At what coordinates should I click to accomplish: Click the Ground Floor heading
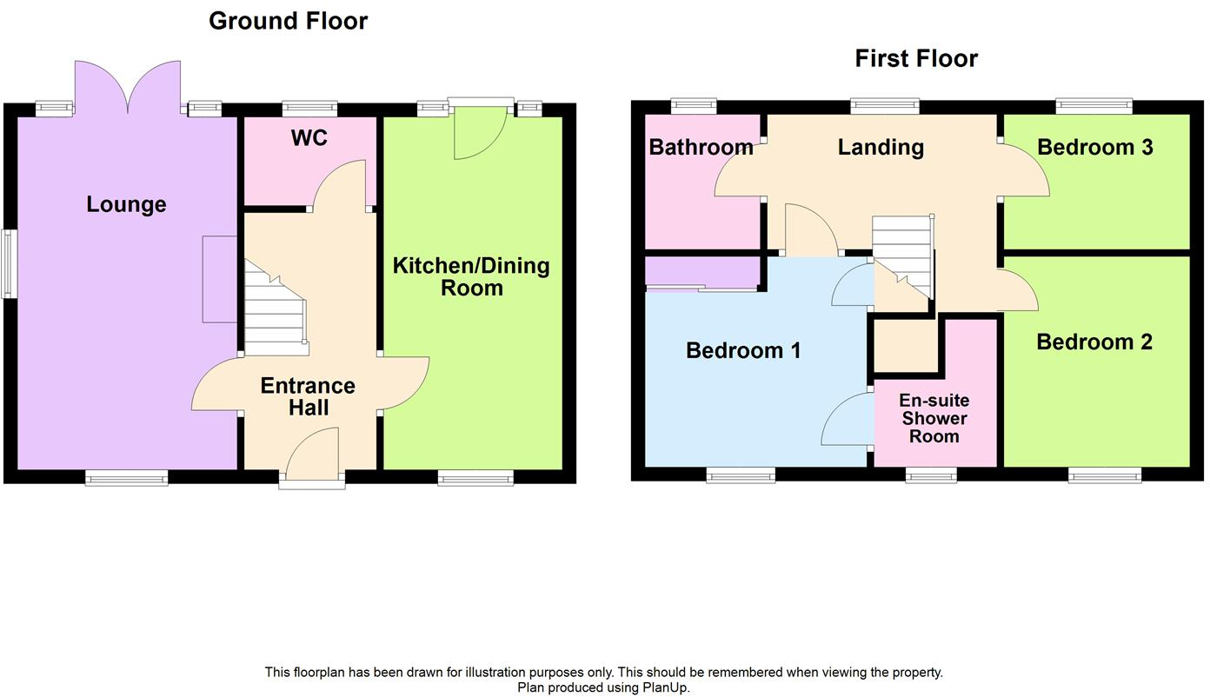(x=288, y=21)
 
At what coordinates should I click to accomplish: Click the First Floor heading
(x=916, y=58)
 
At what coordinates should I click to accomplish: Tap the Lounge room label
(x=126, y=205)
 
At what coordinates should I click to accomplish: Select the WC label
(x=309, y=138)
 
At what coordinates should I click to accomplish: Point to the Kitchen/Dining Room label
(x=471, y=276)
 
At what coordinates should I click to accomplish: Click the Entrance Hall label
(x=308, y=396)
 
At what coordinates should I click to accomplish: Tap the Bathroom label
(x=701, y=148)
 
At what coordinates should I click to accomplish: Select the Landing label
(x=881, y=148)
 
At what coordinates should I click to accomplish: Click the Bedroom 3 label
(x=1094, y=148)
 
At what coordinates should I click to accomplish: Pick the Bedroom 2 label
(x=1094, y=342)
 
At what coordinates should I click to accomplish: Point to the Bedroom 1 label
(x=743, y=351)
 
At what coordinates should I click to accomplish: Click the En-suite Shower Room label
(x=934, y=419)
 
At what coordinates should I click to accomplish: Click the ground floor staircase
(x=274, y=310)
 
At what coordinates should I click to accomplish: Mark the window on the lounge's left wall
(x=9, y=264)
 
